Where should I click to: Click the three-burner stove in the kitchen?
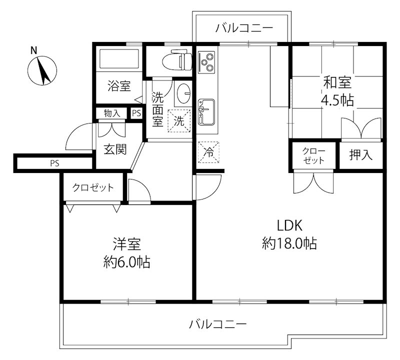pos(207,62)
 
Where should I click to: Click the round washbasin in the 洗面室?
pos(183,93)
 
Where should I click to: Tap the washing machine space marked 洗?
pos(179,120)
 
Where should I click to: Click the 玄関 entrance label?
pos(114,149)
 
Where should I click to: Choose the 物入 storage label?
pos(112,114)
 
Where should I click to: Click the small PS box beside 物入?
pos(136,114)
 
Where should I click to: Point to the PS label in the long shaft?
pos(53,163)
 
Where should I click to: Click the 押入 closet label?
pos(361,155)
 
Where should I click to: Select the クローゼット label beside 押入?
pos(314,155)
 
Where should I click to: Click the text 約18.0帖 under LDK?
pos(289,243)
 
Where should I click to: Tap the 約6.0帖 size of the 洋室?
pos(127,261)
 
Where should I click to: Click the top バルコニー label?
pos(244,28)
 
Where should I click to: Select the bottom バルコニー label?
pos(218,324)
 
